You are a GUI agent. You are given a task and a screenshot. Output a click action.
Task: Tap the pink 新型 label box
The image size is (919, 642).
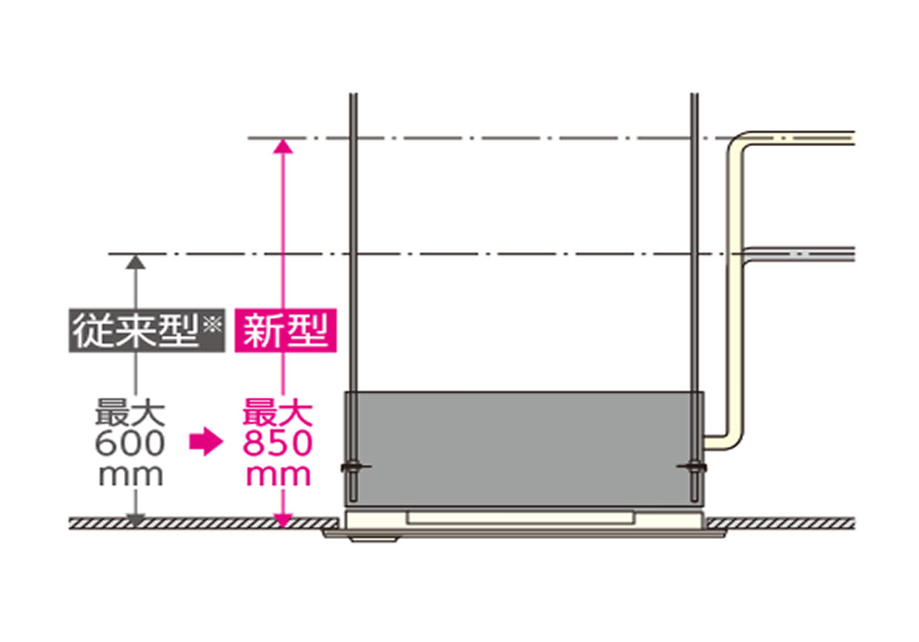click(285, 330)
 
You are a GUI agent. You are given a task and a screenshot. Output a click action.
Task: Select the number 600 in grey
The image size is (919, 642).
click(130, 444)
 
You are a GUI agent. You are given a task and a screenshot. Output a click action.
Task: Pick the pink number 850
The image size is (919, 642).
click(279, 444)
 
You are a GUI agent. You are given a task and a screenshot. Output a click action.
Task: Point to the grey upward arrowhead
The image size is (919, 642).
click(134, 261)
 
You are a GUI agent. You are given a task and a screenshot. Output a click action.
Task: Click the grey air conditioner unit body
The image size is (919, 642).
click(522, 445)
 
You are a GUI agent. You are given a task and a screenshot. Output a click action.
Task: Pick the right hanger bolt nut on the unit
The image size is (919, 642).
click(694, 467)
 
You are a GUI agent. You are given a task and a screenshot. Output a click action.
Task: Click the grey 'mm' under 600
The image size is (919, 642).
click(130, 475)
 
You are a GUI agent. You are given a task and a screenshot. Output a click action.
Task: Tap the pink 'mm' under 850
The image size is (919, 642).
click(279, 475)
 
